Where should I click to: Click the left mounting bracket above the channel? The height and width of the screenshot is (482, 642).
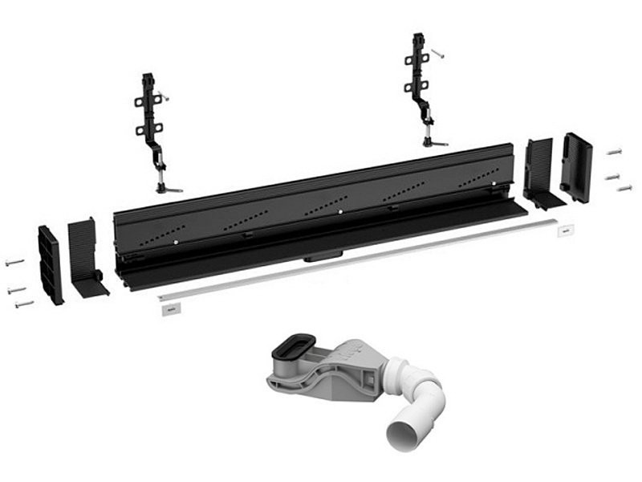[150, 120]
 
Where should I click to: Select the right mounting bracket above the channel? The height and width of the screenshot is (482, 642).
[420, 80]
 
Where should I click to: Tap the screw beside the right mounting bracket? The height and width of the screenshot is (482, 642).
[437, 54]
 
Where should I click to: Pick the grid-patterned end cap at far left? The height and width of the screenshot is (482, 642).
[50, 265]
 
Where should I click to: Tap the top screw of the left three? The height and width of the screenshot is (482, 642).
[14, 262]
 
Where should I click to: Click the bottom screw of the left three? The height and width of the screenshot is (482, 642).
[23, 304]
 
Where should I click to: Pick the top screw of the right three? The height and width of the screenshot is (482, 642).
[615, 151]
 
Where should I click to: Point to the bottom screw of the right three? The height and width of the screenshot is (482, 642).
[624, 188]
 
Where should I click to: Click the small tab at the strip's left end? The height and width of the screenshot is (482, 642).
[167, 308]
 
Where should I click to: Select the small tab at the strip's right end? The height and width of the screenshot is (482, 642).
[567, 231]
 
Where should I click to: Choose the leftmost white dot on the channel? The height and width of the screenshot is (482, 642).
[174, 239]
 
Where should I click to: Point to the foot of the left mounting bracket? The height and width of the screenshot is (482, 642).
[169, 190]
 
